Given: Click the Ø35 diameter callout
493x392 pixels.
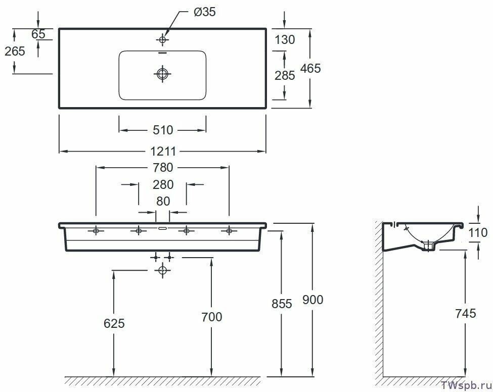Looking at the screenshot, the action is point(205,12).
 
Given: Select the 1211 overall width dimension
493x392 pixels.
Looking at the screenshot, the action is point(162,151).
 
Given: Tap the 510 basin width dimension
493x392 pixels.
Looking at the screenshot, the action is point(162,130).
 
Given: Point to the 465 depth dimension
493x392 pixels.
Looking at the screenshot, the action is point(310,68).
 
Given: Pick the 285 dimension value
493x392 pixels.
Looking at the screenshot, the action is point(284,76).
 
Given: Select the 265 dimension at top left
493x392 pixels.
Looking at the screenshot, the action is point(14,51).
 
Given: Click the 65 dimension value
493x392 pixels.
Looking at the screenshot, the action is point(38,34).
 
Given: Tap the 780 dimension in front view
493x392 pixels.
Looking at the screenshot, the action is point(162,167).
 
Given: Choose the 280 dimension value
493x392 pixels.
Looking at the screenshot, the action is point(162,185).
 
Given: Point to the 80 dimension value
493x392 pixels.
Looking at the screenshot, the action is point(162,201).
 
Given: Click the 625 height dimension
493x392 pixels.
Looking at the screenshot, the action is point(114,323).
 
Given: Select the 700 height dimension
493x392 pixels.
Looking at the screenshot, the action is point(211,317).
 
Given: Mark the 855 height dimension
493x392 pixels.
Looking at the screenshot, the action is point(282,304).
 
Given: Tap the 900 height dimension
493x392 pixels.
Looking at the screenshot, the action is point(313,300).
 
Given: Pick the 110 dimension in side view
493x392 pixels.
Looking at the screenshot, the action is point(478,233).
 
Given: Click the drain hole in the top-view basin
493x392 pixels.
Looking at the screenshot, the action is point(162,74).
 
